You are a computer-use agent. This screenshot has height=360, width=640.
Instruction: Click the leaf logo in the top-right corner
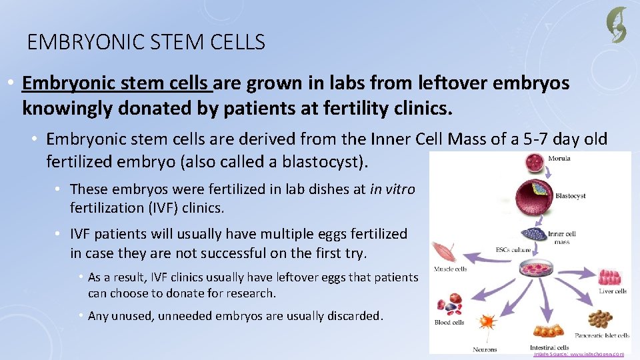point(616,25)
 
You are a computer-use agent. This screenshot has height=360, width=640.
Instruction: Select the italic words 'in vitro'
point(392,189)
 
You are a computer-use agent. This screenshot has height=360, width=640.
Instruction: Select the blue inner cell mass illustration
point(531,233)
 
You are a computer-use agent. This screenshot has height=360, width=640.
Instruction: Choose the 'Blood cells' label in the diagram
point(449,323)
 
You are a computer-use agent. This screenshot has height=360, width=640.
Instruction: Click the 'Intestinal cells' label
point(549,347)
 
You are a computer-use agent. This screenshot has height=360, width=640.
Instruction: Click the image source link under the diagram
point(578,355)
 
